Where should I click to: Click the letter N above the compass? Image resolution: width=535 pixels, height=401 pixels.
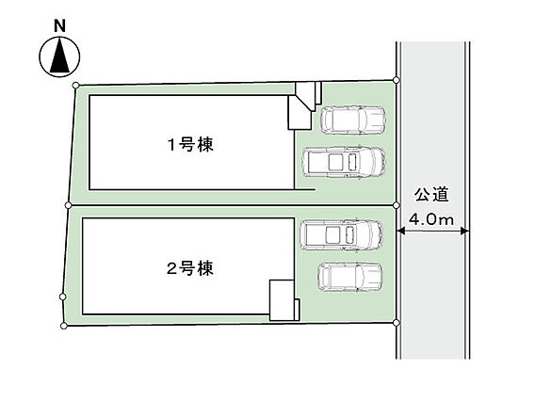click(x=59, y=26)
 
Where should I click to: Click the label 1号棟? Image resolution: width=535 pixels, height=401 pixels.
click(x=190, y=144)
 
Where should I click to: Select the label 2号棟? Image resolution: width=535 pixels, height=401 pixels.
click(x=190, y=268)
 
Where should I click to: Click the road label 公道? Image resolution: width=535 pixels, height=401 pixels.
click(x=431, y=195)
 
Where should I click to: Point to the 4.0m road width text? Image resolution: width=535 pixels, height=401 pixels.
click(x=431, y=219)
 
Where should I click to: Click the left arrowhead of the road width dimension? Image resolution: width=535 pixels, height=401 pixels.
click(x=400, y=232)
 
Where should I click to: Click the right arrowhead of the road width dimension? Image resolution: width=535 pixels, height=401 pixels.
click(x=464, y=232)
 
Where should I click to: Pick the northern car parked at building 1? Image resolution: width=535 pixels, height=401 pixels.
click(x=353, y=120)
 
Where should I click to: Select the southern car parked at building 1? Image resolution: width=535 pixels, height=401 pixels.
click(x=344, y=162)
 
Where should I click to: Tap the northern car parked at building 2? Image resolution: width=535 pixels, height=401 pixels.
click(x=341, y=235)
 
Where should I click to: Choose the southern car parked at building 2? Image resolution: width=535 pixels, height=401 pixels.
click(x=350, y=277)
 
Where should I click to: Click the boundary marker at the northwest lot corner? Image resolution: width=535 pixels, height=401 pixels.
click(x=75, y=86)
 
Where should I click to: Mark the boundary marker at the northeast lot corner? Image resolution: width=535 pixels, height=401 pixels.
click(x=397, y=80)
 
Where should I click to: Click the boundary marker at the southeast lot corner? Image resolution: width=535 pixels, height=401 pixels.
click(x=397, y=322)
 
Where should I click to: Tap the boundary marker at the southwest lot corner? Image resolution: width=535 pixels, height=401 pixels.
click(x=63, y=327)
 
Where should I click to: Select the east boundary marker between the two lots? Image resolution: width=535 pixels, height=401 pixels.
click(x=397, y=205)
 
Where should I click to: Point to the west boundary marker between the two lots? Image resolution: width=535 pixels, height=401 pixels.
click(x=68, y=205)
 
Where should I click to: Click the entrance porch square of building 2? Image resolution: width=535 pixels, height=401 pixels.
click(x=282, y=300)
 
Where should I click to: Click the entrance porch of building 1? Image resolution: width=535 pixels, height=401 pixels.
click(x=300, y=113)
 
